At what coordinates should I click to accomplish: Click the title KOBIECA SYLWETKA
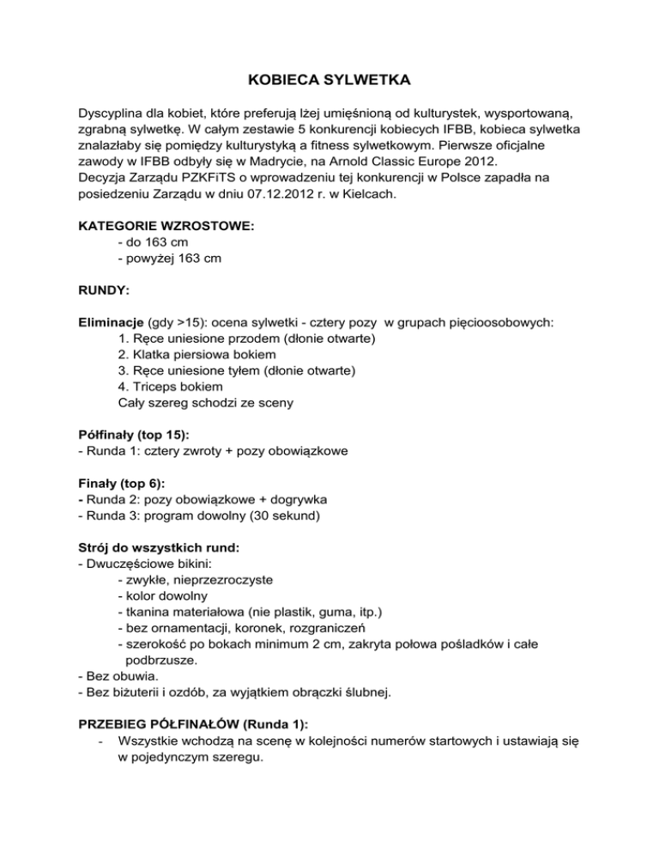tap(329, 81)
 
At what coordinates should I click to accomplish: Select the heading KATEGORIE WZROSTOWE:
tap(166, 227)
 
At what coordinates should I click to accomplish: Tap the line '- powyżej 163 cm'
tap(172, 259)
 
